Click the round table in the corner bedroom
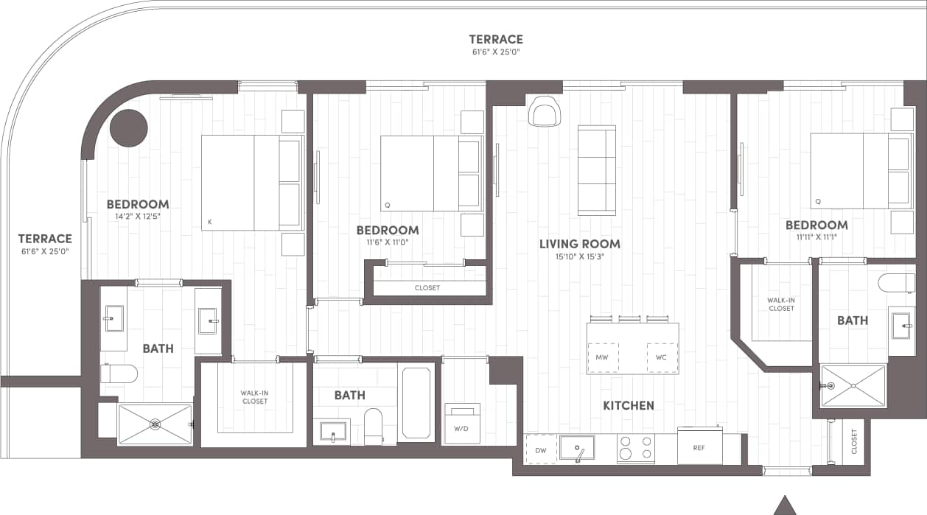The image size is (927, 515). [x=129, y=128]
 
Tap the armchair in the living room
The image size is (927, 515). [x=545, y=111]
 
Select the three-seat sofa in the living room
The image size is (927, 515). [x=596, y=170]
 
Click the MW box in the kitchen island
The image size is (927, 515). [x=601, y=357]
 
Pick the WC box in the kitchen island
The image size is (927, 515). [x=662, y=357]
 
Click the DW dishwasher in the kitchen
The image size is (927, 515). [x=541, y=449]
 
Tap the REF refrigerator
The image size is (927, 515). [x=699, y=447]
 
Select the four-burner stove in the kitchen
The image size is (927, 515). [x=636, y=448]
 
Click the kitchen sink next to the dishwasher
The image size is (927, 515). [x=577, y=448]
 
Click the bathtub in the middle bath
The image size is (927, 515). [x=416, y=403]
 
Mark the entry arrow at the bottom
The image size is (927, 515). [x=786, y=505]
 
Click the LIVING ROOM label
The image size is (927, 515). [x=579, y=244]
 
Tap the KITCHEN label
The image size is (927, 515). [x=629, y=405]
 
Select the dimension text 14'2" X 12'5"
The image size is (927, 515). [x=138, y=217]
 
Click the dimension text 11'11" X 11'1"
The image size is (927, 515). [x=816, y=237]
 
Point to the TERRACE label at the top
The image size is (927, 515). [x=496, y=39]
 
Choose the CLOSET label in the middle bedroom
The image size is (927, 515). [x=427, y=288]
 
